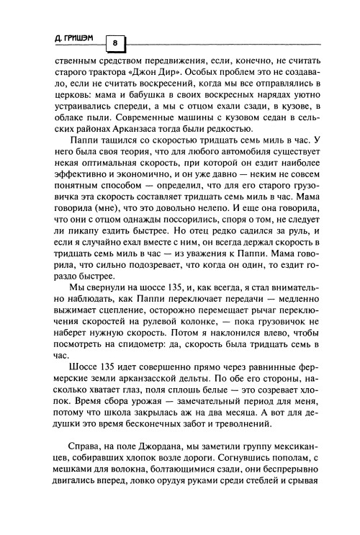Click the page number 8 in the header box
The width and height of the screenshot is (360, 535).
pos(114,43)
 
